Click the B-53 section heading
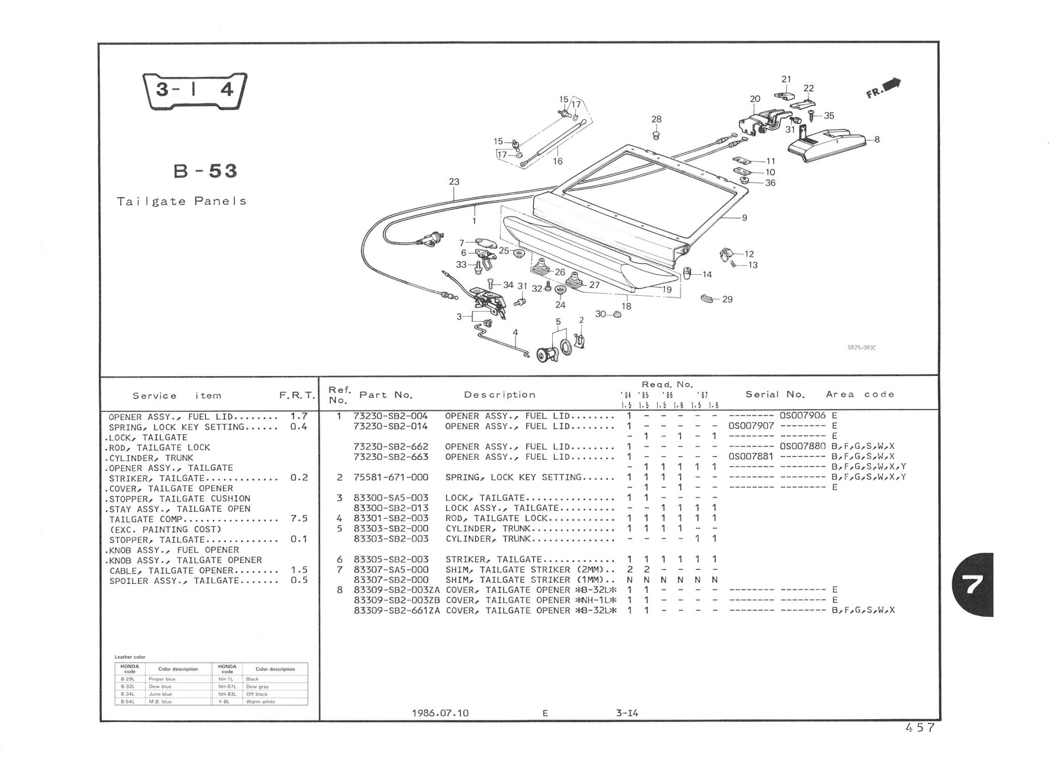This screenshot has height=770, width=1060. click(x=205, y=171)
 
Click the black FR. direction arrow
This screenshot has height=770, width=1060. click(x=892, y=84)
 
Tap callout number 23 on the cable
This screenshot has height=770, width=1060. click(x=454, y=182)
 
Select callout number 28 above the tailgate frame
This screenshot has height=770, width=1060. click(x=656, y=119)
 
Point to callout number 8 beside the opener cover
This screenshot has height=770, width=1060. click(x=877, y=139)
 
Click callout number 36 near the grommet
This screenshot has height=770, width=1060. click(x=770, y=183)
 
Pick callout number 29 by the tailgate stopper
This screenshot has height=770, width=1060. click(x=727, y=299)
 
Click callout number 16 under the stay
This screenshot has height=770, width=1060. click(x=557, y=161)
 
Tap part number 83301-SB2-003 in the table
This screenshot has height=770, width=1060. click(x=391, y=518)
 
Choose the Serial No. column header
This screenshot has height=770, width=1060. click(x=775, y=395)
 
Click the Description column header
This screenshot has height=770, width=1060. click(x=499, y=395)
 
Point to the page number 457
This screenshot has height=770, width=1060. click(x=920, y=728)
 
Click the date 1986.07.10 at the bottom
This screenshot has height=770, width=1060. click(x=440, y=713)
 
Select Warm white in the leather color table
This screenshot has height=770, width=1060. click(x=260, y=702)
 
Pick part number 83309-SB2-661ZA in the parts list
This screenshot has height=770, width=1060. click(x=396, y=610)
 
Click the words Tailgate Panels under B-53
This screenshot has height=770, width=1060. click(x=181, y=201)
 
